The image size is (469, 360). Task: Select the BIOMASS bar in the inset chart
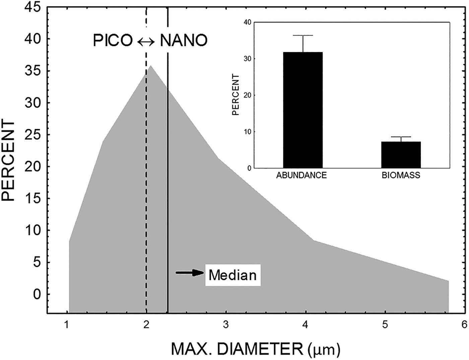click(401, 155)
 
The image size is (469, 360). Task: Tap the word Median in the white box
click(232, 275)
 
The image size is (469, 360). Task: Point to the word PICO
click(113, 41)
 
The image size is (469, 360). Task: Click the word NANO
click(184, 41)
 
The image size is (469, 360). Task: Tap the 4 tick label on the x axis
click(306, 324)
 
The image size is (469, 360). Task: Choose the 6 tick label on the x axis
click(464, 324)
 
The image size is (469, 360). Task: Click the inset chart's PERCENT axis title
click(236, 95)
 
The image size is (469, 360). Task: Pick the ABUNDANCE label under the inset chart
click(301, 175)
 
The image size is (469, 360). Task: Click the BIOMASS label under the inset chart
click(401, 175)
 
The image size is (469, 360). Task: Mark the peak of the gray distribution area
click(151, 66)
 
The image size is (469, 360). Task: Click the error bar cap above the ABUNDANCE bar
click(303, 35)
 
